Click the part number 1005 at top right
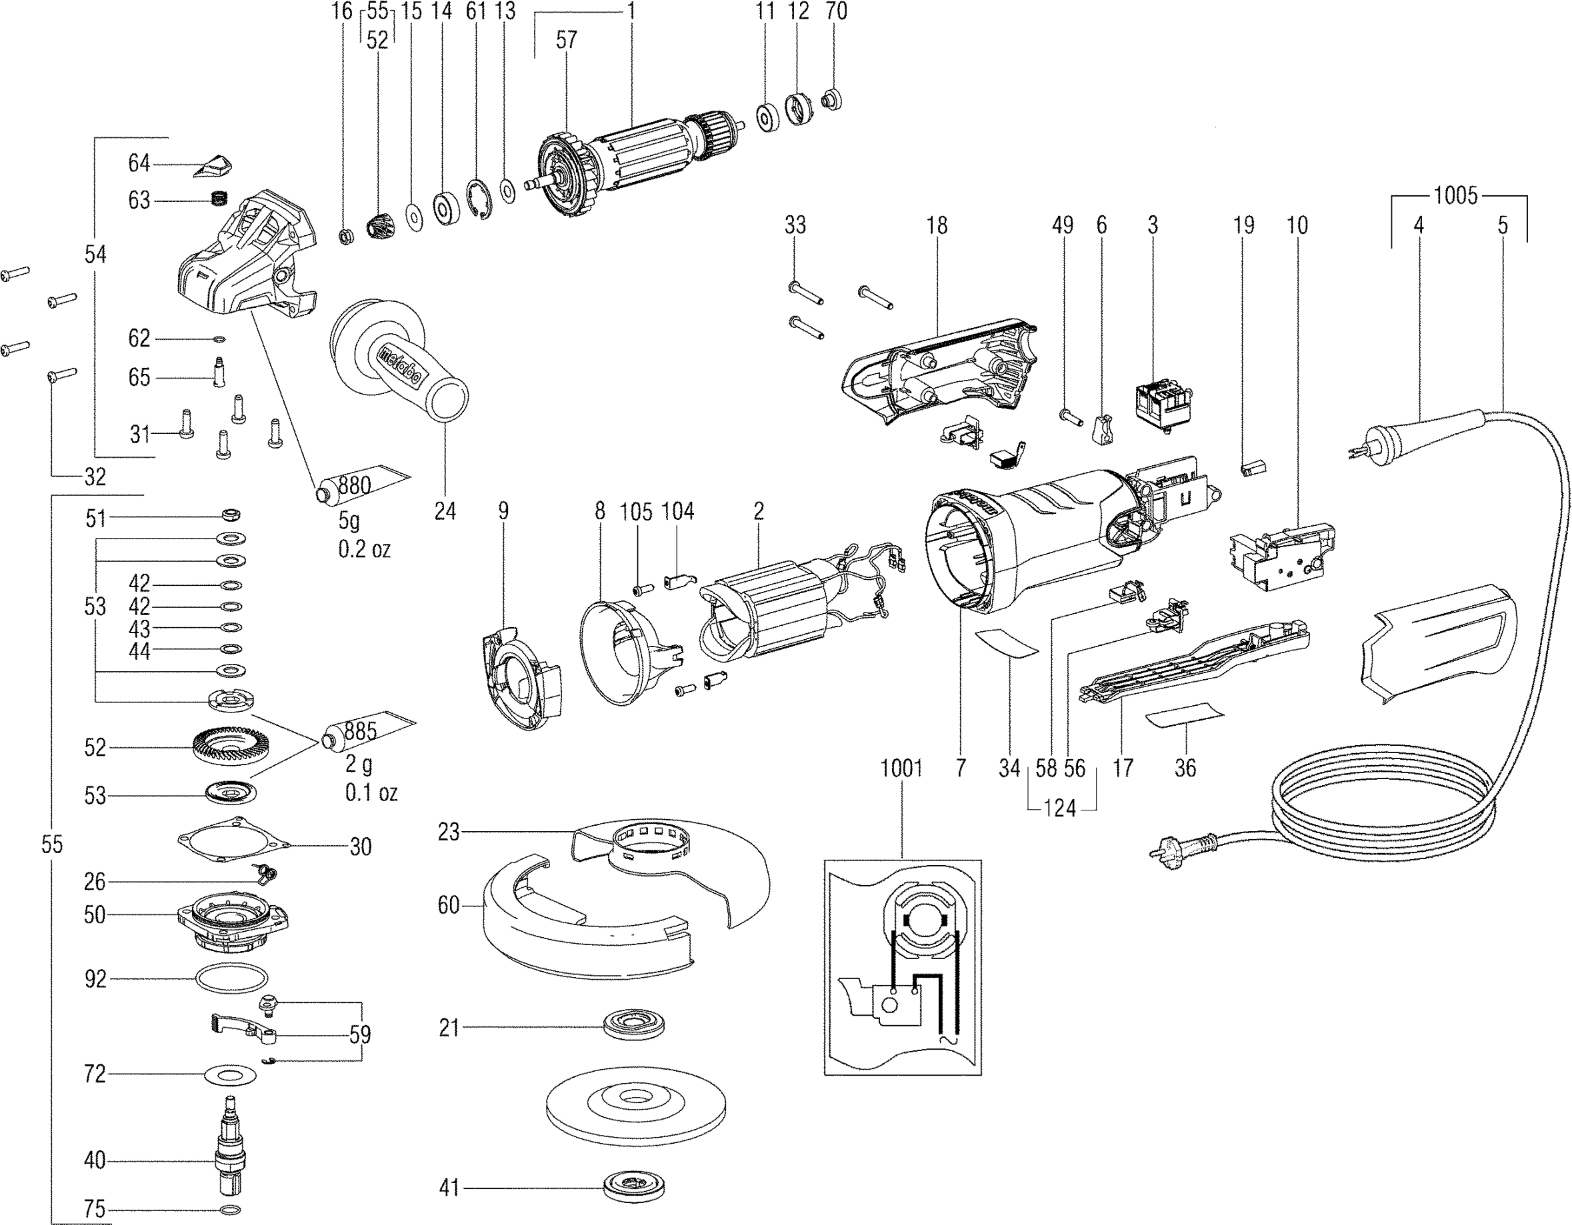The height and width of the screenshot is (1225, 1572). (x=1455, y=196)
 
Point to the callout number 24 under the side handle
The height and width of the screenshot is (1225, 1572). (x=445, y=511)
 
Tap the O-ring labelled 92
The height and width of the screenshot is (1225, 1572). (x=231, y=979)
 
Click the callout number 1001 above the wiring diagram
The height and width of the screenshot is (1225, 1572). (x=901, y=768)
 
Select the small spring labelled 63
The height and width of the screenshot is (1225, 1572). (x=219, y=198)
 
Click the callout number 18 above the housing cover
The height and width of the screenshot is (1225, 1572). (x=937, y=225)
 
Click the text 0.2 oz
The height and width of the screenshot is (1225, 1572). (x=364, y=549)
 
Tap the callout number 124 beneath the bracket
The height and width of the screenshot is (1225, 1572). (x=1059, y=808)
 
